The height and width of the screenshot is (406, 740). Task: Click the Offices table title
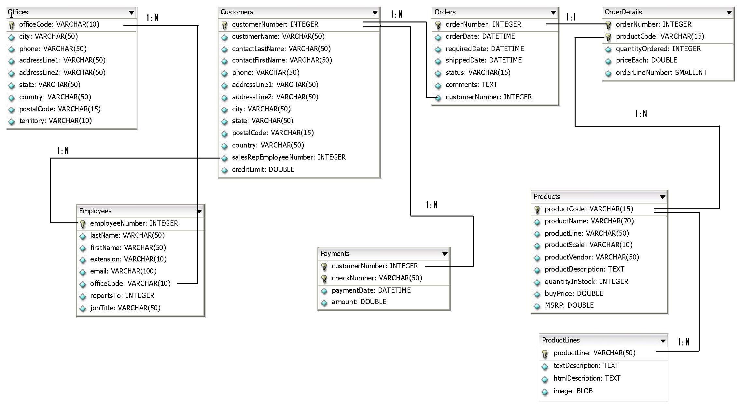pos(18,12)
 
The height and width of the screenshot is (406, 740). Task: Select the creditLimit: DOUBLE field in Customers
pos(263,169)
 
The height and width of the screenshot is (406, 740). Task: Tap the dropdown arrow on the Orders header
pos(553,12)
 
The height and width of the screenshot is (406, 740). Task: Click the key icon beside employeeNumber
pos(83,223)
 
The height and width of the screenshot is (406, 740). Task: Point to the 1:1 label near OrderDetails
pos(571,17)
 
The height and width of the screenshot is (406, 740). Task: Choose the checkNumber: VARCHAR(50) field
pos(377,278)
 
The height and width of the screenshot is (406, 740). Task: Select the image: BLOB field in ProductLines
pos(573,391)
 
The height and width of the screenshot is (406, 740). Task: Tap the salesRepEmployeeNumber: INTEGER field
pos(288,157)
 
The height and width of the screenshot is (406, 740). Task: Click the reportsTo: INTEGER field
pos(122,295)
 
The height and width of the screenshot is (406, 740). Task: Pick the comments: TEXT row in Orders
pos(471,85)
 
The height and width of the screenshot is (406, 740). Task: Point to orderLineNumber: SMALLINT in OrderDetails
pos(661,72)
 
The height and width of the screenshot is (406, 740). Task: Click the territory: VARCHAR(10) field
pos(55,121)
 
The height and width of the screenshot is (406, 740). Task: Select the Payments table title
pos(335,253)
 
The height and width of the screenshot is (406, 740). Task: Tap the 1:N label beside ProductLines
pos(683,342)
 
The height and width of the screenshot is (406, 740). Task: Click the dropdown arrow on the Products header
pos(662,197)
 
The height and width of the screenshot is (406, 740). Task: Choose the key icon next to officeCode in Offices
pos(11,25)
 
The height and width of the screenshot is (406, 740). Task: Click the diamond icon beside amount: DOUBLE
pos(324,302)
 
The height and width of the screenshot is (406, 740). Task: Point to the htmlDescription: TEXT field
pos(587,378)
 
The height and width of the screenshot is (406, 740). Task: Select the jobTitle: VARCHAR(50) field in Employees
pos(125,308)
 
